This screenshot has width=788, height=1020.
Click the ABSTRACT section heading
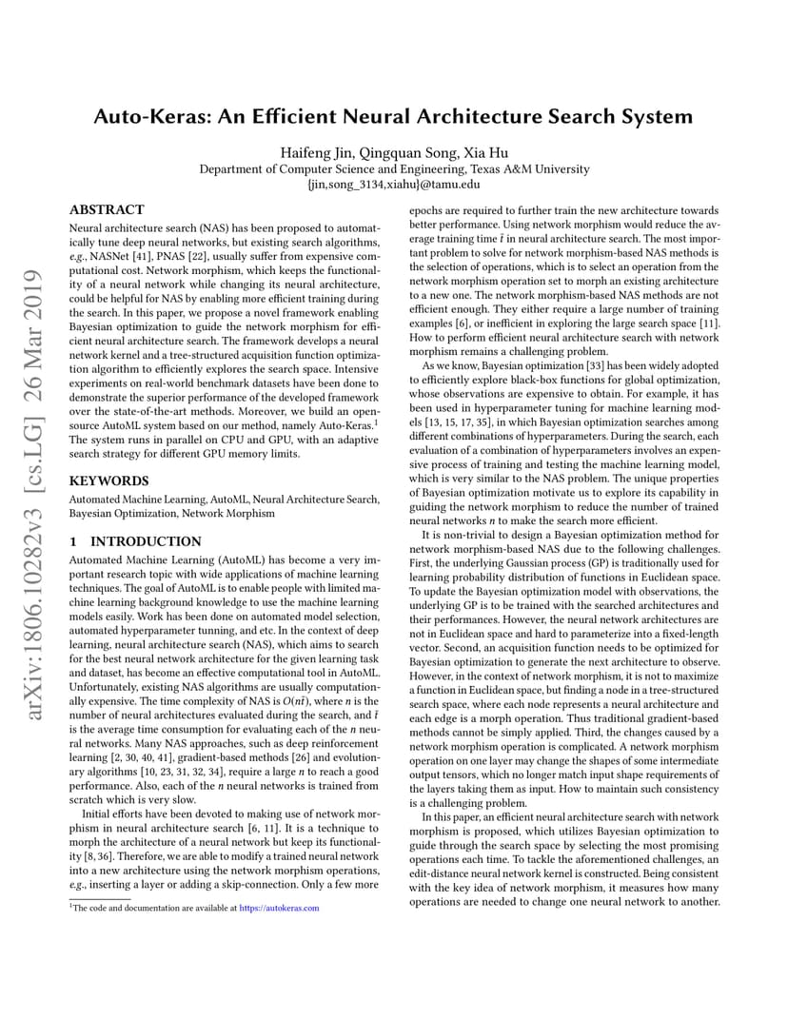[x=107, y=210]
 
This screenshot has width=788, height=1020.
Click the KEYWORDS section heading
[x=108, y=481]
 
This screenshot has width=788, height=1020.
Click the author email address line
[x=393, y=185]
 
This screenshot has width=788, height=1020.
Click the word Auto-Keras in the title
[x=151, y=117]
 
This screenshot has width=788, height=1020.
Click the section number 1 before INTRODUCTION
[x=72, y=541]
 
